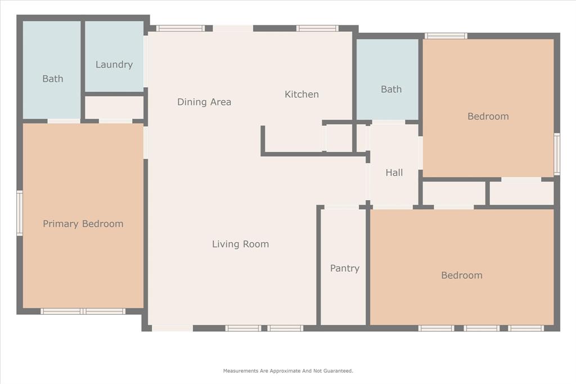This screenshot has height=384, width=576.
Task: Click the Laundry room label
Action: coord(114,65)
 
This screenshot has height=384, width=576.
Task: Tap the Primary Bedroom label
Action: coord(83,224)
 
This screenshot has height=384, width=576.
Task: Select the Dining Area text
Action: coord(204,102)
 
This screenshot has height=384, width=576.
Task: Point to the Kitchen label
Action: coord(301,94)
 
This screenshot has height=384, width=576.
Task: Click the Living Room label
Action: coord(240,244)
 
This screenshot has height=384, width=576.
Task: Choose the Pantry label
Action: coord(344,268)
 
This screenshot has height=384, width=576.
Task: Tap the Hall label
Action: coord(394,173)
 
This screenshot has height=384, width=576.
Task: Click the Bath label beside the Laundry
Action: coord(53,79)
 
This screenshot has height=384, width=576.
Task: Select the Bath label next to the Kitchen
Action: coord(391,89)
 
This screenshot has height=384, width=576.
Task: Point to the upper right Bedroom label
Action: coord(488,116)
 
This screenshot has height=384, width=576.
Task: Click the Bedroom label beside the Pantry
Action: coord(461,275)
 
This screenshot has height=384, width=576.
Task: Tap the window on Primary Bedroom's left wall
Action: coord(20,213)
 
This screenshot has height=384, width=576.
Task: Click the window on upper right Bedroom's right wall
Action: coord(557,153)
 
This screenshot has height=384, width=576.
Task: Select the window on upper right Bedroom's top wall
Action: coord(445,36)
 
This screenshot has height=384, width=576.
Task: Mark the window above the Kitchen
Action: coord(317,28)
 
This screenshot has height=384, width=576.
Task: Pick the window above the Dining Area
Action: coord(180,28)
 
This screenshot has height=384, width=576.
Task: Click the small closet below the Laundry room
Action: coord(114,107)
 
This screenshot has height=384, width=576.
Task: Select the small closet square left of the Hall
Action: coord(339,138)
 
